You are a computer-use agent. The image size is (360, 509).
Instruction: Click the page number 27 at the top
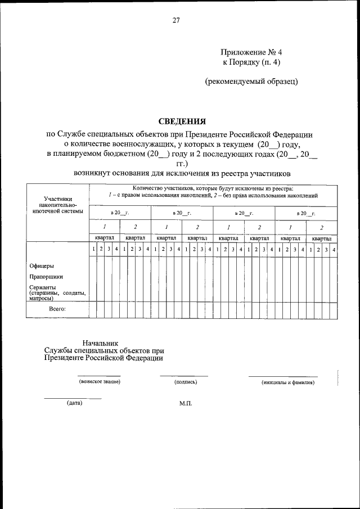tap(176, 21)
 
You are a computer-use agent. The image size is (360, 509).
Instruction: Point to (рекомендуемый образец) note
tap(251, 81)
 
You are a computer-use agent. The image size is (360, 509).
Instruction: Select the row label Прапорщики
tap(46, 277)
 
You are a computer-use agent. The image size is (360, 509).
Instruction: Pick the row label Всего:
tap(57, 309)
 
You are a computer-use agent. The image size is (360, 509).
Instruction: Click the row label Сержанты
tap(43, 287)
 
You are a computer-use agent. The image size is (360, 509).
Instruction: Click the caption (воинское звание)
tap(100, 382)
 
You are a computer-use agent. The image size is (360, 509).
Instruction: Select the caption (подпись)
tap(186, 382)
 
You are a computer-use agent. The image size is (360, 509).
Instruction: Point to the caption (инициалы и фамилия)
tap(287, 382)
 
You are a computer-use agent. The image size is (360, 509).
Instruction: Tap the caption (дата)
tap(74, 403)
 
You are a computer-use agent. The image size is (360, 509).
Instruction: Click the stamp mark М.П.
tap(186, 403)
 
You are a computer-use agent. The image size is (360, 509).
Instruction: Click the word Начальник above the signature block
tap(101, 343)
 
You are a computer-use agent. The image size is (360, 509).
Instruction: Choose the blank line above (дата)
tap(73, 398)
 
